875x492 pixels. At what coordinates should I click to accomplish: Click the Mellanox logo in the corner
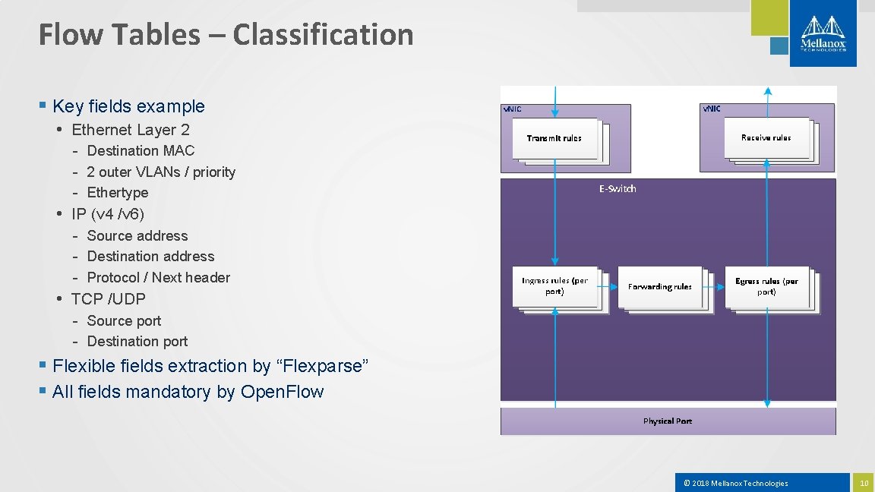(823, 33)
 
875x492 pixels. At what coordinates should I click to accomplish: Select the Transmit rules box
(554, 138)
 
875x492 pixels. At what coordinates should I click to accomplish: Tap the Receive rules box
(766, 137)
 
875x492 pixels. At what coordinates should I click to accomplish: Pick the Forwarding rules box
(660, 287)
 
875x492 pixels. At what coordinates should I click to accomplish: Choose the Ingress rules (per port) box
(554, 286)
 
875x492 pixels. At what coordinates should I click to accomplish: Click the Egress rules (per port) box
(766, 286)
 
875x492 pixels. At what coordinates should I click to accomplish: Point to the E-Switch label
(618, 188)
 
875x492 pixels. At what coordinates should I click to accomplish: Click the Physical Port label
(668, 421)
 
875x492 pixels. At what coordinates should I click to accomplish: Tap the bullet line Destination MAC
(141, 150)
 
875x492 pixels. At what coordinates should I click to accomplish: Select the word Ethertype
(118, 192)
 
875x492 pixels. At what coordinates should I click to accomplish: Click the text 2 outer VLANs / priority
(161, 172)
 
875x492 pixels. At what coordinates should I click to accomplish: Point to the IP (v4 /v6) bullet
(108, 213)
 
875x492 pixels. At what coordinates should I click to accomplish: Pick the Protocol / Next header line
(158, 277)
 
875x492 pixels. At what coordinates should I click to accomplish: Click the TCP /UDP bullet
(108, 298)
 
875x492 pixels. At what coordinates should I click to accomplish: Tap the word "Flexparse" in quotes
(324, 366)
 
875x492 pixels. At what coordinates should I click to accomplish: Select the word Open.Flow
(282, 392)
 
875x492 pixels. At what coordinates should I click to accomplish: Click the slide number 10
(863, 483)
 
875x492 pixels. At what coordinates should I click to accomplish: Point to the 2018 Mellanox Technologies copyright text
(736, 483)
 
